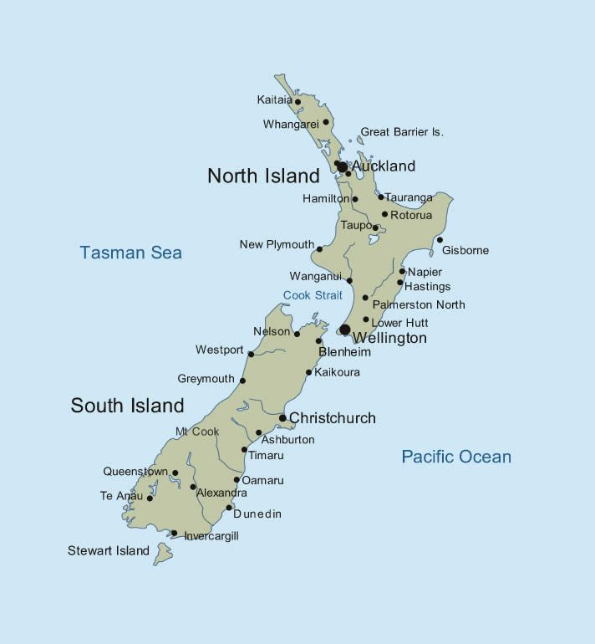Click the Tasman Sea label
pyautogui.click(x=130, y=252)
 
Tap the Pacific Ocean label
pyautogui.click(x=456, y=457)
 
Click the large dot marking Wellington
pyautogui.click(x=344, y=330)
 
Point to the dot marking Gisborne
pyautogui.click(x=440, y=240)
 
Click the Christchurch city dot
pyautogui.click(x=282, y=418)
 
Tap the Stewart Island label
pyautogui.click(x=109, y=550)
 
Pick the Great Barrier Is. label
pyautogui.click(x=401, y=132)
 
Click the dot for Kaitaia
pyautogui.click(x=297, y=102)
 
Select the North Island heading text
pyautogui.click(x=263, y=176)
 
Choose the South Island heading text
pyautogui.click(x=127, y=406)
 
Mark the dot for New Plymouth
pyautogui.click(x=319, y=248)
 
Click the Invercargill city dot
pyautogui.click(x=174, y=533)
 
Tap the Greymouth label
pyautogui.click(x=206, y=379)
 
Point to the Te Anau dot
pyautogui.click(x=150, y=498)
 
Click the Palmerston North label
pyautogui.click(x=419, y=304)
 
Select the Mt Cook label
pyautogui.click(x=197, y=432)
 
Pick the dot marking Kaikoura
pyautogui.click(x=308, y=372)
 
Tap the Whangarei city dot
pyautogui.click(x=326, y=122)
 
